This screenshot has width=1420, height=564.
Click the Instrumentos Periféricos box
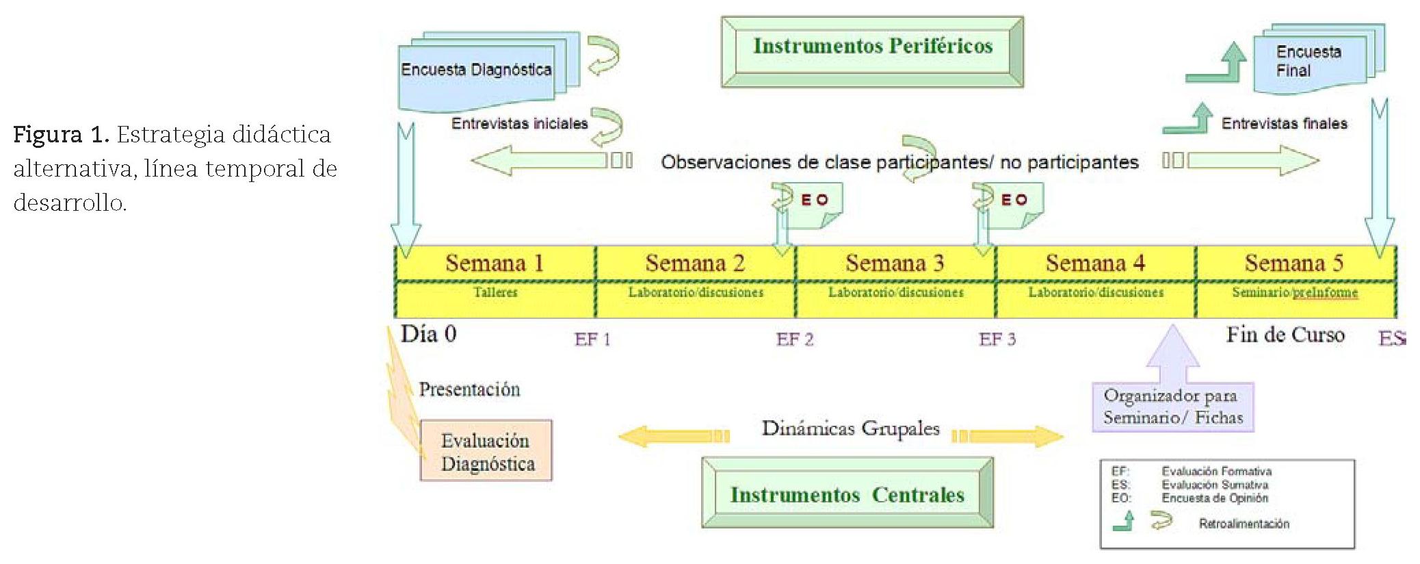pos(872,52)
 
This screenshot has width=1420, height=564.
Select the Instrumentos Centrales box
pos(847,493)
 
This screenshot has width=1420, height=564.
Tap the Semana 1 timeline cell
pos(495,264)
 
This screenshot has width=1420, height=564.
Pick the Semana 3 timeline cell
pos(895,264)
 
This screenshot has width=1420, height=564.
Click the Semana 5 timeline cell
pos(1294,264)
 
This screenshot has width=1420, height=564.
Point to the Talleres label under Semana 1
pos(495,292)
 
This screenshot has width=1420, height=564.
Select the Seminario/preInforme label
pos(1295,292)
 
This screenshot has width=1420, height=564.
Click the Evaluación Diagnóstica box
pos(486,451)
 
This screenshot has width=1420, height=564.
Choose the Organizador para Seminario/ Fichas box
pos(1172,407)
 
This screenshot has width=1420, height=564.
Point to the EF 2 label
pos(795,339)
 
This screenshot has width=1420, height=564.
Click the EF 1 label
pos(592,339)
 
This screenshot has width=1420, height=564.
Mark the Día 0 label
pos(428,334)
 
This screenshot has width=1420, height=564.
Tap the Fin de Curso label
pos(1285,335)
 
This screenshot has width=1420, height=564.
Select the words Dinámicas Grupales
pos(850,429)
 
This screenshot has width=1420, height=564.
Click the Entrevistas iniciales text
pos(519,124)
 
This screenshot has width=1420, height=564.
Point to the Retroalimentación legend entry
pos(1244,524)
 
